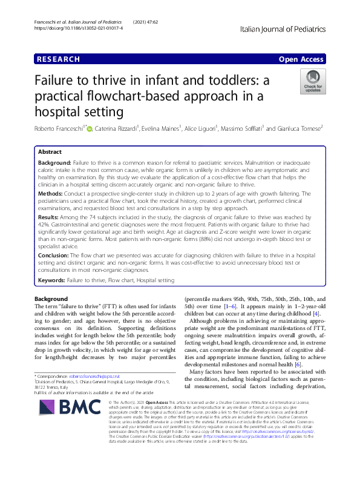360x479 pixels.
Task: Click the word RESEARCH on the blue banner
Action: click(x=59, y=59)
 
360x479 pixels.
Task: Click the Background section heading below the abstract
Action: click(x=51, y=299)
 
